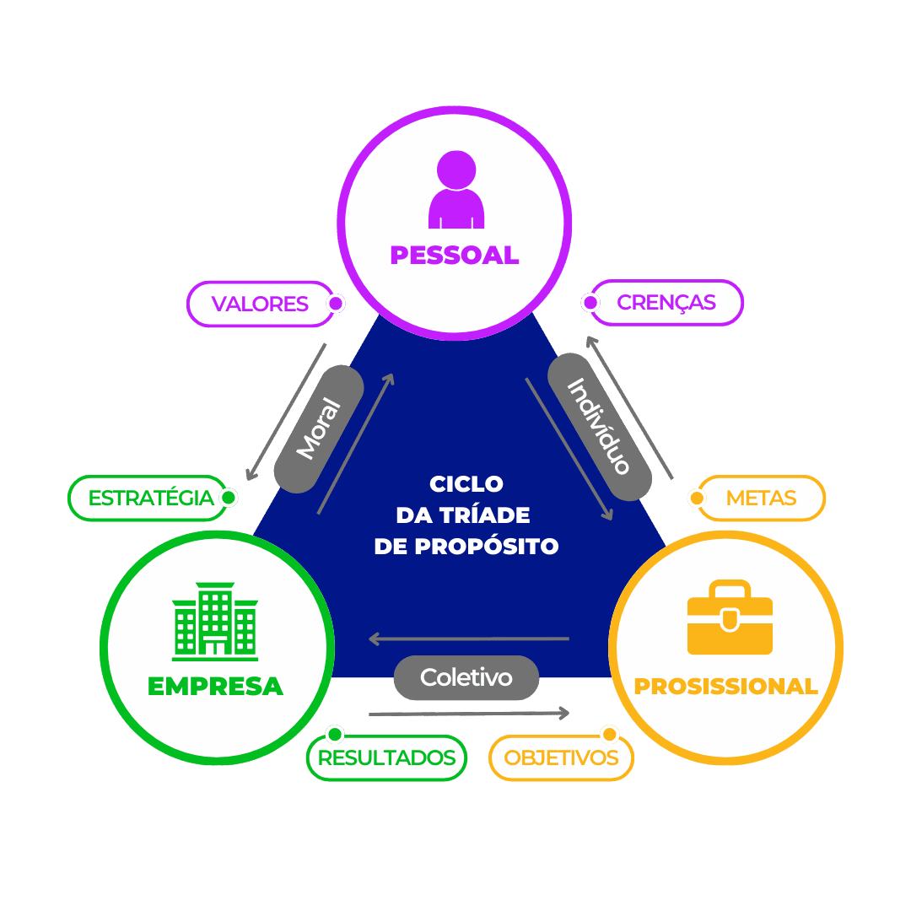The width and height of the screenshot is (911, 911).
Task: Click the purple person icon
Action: pyautogui.click(x=456, y=190)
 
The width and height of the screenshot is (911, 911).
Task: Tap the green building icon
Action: pyautogui.click(x=215, y=621)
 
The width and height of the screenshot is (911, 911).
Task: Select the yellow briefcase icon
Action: pyautogui.click(x=730, y=618)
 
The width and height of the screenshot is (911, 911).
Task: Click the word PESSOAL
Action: pyautogui.click(x=454, y=256)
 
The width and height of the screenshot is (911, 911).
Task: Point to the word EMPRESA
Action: pyautogui.click(x=215, y=687)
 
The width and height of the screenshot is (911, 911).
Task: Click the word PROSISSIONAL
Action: pyautogui.click(x=725, y=687)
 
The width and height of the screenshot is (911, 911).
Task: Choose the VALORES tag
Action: pyautogui.click(x=260, y=304)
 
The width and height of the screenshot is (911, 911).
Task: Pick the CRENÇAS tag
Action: pyautogui.click(x=666, y=302)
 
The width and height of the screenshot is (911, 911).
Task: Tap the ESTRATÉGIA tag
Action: pyautogui.click(x=151, y=498)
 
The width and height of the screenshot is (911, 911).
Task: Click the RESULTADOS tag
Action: pyautogui.click(x=386, y=757)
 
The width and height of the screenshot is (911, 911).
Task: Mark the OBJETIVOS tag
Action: pyautogui.click(x=561, y=757)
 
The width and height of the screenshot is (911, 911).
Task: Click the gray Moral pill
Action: pyautogui.click(x=319, y=428)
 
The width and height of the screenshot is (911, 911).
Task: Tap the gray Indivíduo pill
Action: pyautogui.click(x=600, y=426)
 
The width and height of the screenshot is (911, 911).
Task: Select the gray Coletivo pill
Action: pyautogui.click(x=466, y=677)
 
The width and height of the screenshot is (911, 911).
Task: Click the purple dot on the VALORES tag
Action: pyautogui.click(x=336, y=303)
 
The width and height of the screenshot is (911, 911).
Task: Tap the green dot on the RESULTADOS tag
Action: pyautogui.click(x=335, y=733)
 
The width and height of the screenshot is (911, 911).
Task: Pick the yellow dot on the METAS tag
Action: pyautogui.click(x=697, y=499)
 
